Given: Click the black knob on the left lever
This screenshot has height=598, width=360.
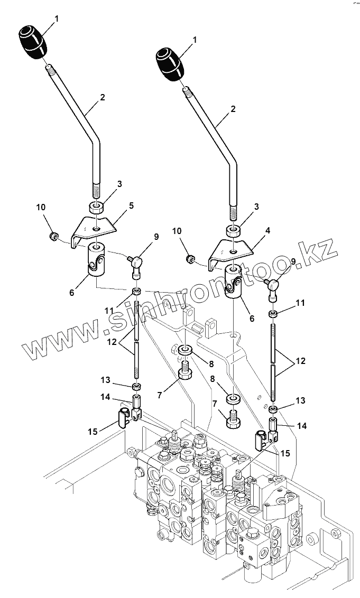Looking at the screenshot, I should [x=33, y=41].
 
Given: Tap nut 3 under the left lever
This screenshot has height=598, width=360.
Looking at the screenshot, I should [x=96, y=207].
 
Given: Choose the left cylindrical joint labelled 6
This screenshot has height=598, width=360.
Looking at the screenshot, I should [x=96, y=259].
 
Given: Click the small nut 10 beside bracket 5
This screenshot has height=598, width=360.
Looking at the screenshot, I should [x=53, y=236].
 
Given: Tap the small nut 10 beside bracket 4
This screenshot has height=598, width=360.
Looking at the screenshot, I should [x=190, y=259].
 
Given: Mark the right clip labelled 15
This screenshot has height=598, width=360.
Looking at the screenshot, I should [x=260, y=439].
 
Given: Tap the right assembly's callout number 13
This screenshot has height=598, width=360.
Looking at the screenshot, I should [x=300, y=400].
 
